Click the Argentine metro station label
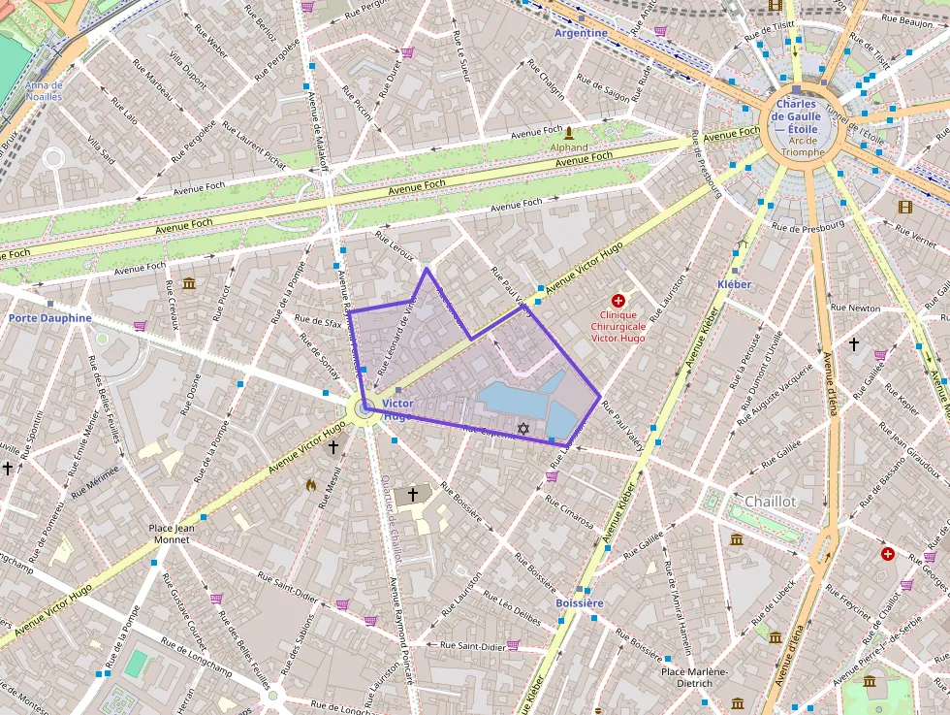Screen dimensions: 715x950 tap(581, 33)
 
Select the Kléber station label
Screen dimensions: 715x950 tap(734, 284)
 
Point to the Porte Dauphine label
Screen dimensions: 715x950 tap(50, 318)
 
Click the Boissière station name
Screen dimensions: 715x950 tap(580, 603)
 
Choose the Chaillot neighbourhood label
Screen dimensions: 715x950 tap(771, 502)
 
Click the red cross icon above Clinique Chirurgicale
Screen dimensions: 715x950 tap(618, 302)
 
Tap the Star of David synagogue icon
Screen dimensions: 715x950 tap(523, 428)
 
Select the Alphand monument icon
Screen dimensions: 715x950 tap(569, 133)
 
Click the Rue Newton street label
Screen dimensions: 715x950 tap(856, 308)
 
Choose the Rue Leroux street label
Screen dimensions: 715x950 tap(395, 249)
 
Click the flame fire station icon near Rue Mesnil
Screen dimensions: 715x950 tap(310, 484)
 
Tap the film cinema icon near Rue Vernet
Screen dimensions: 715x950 tap(905, 207)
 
